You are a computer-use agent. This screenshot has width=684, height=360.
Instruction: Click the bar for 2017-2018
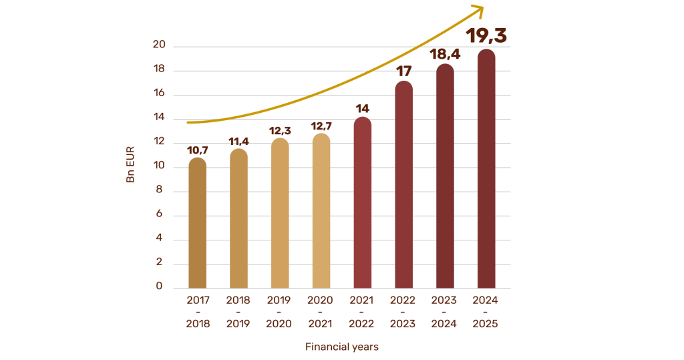point(197,224)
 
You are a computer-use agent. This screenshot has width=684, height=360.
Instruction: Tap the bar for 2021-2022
point(362,204)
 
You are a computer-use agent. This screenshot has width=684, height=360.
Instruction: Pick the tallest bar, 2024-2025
point(486,170)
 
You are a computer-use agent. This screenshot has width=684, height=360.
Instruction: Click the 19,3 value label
point(486,35)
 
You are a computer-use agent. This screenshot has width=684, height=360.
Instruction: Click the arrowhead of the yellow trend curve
point(478,9)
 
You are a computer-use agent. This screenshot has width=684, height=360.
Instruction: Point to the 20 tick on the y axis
point(158,45)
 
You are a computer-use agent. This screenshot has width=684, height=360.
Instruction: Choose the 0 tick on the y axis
point(159,287)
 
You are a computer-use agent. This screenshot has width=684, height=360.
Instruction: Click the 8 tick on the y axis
point(159,190)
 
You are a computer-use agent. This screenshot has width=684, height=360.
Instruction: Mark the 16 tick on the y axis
point(158,94)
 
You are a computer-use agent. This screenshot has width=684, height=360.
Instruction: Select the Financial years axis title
point(342,347)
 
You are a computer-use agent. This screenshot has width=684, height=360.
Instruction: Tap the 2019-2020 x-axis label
point(279,312)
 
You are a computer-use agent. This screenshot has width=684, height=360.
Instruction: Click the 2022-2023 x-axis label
point(403,312)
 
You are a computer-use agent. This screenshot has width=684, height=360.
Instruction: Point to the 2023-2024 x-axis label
point(444,312)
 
